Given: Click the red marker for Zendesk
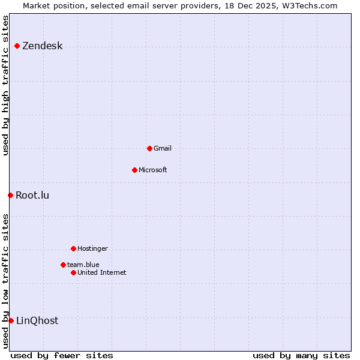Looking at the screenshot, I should coord(17,46).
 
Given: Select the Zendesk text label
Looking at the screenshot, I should coord(42,46).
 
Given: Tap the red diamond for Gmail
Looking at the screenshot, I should coord(149,148).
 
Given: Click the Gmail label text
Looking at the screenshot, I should coord(162,148).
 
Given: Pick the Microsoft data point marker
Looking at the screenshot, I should coord(134,170).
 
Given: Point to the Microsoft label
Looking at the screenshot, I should coord(152,170).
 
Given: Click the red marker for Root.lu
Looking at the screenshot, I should coord(10,195).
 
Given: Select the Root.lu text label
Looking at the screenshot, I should coord(32,195).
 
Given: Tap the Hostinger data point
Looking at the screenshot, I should coord(73,248).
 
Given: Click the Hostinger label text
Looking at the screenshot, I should coord(92,248).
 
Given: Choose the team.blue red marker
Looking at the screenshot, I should coord(63,265).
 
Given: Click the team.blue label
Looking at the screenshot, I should coord(83,265).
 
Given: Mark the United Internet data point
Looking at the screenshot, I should coord(73,272).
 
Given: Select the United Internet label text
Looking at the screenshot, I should coord(101,272).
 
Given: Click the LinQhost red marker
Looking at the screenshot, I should coord(11,320).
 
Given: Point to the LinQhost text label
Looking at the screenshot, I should coord(37,320).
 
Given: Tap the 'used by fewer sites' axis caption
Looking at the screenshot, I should coord(62,355).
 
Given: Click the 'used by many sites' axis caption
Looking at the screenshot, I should coord(301,355).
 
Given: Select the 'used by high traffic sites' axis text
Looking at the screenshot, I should coord(5,85).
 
